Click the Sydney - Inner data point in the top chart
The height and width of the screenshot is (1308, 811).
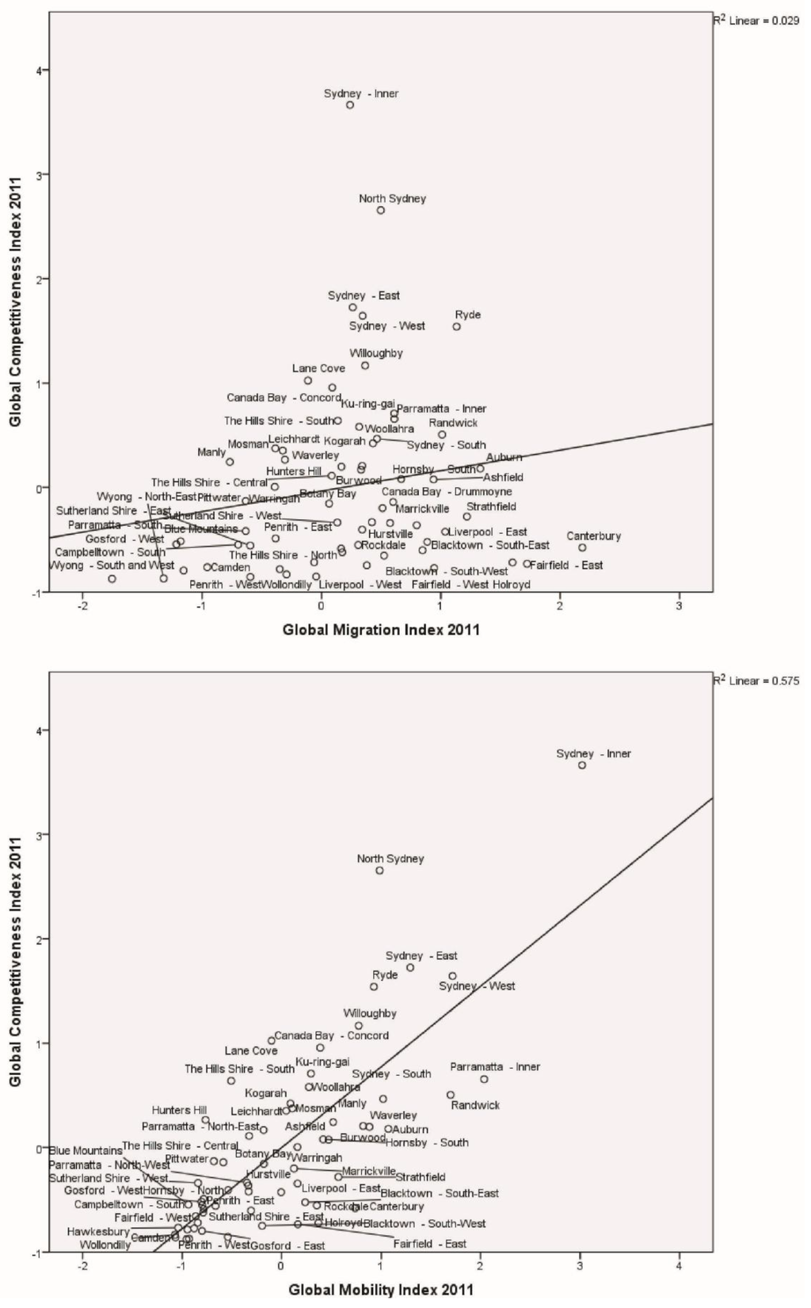click(350, 105)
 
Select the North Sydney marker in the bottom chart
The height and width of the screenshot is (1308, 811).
click(379, 870)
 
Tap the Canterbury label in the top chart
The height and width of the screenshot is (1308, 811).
click(593, 536)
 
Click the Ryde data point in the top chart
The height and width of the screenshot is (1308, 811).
click(456, 326)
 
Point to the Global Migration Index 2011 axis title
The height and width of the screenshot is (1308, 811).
click(381, 631)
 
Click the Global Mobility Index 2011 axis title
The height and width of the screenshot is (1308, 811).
click(381, 1290)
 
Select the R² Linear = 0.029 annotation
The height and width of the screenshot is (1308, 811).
click(756, 21)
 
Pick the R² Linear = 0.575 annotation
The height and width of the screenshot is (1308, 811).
click(756, 681)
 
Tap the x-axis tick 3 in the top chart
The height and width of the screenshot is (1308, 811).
click(679, 606)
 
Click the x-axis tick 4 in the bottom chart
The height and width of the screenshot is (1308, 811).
click(679, 1265)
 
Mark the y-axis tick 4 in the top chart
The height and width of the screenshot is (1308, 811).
click(36, 71)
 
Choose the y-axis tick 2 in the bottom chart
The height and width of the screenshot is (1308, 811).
click(36, 939)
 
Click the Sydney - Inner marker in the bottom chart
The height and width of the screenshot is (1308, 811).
click(582, 765)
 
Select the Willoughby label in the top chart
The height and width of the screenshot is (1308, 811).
click(376, 353)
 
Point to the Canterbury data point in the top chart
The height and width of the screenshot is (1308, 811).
click(582, 547)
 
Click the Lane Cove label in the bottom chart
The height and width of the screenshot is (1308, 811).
click(251, 1051)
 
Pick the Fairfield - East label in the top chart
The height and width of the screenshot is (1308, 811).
click(566, 566)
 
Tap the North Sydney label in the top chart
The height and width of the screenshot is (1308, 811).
click(392, 199)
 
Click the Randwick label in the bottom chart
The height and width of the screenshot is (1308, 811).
click(475, 1105)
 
